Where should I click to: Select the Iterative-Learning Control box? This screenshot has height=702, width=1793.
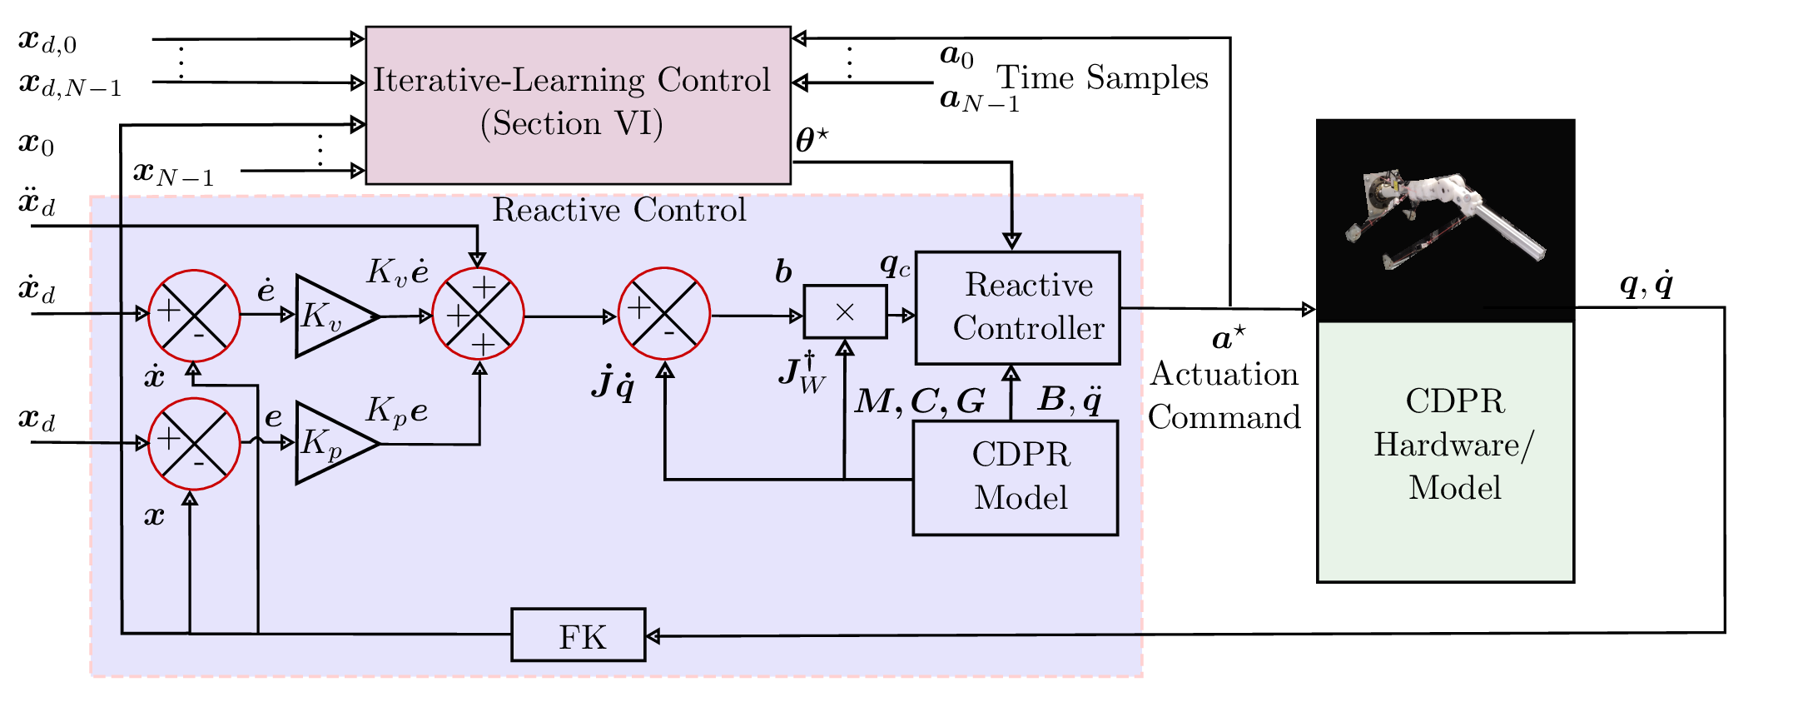tap(578, 104)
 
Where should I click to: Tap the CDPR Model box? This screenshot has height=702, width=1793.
tap(1015, 477)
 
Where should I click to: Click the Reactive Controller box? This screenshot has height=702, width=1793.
tap(1017, 307)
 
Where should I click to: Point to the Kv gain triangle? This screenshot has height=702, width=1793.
tap(330, 316)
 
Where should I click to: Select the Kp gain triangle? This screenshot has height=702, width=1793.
tap(330, 443)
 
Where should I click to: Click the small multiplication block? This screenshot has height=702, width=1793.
tap(844, 312)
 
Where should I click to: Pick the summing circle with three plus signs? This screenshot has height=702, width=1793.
tap(478, 314)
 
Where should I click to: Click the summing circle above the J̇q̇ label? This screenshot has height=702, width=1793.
tap(663, 314)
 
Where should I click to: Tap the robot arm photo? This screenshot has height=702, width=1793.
tap(1444, 220)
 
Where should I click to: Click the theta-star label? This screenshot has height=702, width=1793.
tap(812, 140)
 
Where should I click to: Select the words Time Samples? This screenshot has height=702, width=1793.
tap(1101, 78)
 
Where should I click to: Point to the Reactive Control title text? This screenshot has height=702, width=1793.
tap(618, 210)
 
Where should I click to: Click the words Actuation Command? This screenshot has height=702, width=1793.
tap(1224, 396)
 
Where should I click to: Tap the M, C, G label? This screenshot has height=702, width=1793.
tap(920, 401)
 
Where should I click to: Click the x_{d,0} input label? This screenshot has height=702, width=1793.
tap(47, 42)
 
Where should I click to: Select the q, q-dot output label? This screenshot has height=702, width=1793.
tap(1646, 285)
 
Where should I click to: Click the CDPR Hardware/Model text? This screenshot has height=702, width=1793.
tap(1454, 444)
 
